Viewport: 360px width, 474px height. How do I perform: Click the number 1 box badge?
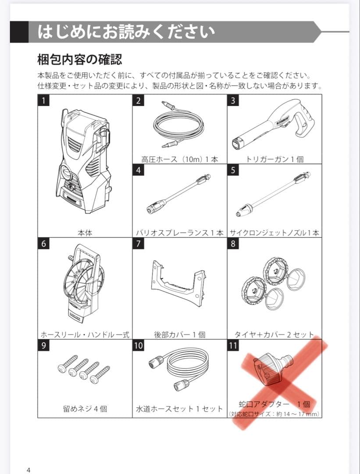tap(43, 100)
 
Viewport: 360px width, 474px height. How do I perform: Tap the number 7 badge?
tap(138, 243)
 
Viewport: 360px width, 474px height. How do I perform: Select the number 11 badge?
tap(233, 345)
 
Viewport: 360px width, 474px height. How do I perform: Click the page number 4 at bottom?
tap(29, 470)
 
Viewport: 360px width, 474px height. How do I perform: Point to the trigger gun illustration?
tap(274, 124)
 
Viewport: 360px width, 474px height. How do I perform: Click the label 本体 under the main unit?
tap(85, 233)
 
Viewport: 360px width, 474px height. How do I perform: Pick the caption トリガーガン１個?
tap(275, 159)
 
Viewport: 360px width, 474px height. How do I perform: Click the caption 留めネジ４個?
tap(85, 409)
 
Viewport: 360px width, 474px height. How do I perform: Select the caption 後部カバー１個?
tap(180, 334)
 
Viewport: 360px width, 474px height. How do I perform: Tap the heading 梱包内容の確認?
tap(80, 59)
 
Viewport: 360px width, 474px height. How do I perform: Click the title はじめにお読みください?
tap(126, 32)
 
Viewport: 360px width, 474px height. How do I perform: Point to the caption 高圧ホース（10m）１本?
tap(180, 159)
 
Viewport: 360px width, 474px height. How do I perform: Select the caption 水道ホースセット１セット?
tap(179, 409)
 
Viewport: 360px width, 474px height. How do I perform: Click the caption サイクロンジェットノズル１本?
tap(274, 233)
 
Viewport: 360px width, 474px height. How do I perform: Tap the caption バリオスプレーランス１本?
tap(180, 233)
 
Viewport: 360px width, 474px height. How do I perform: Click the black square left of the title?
tap(19, 32)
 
